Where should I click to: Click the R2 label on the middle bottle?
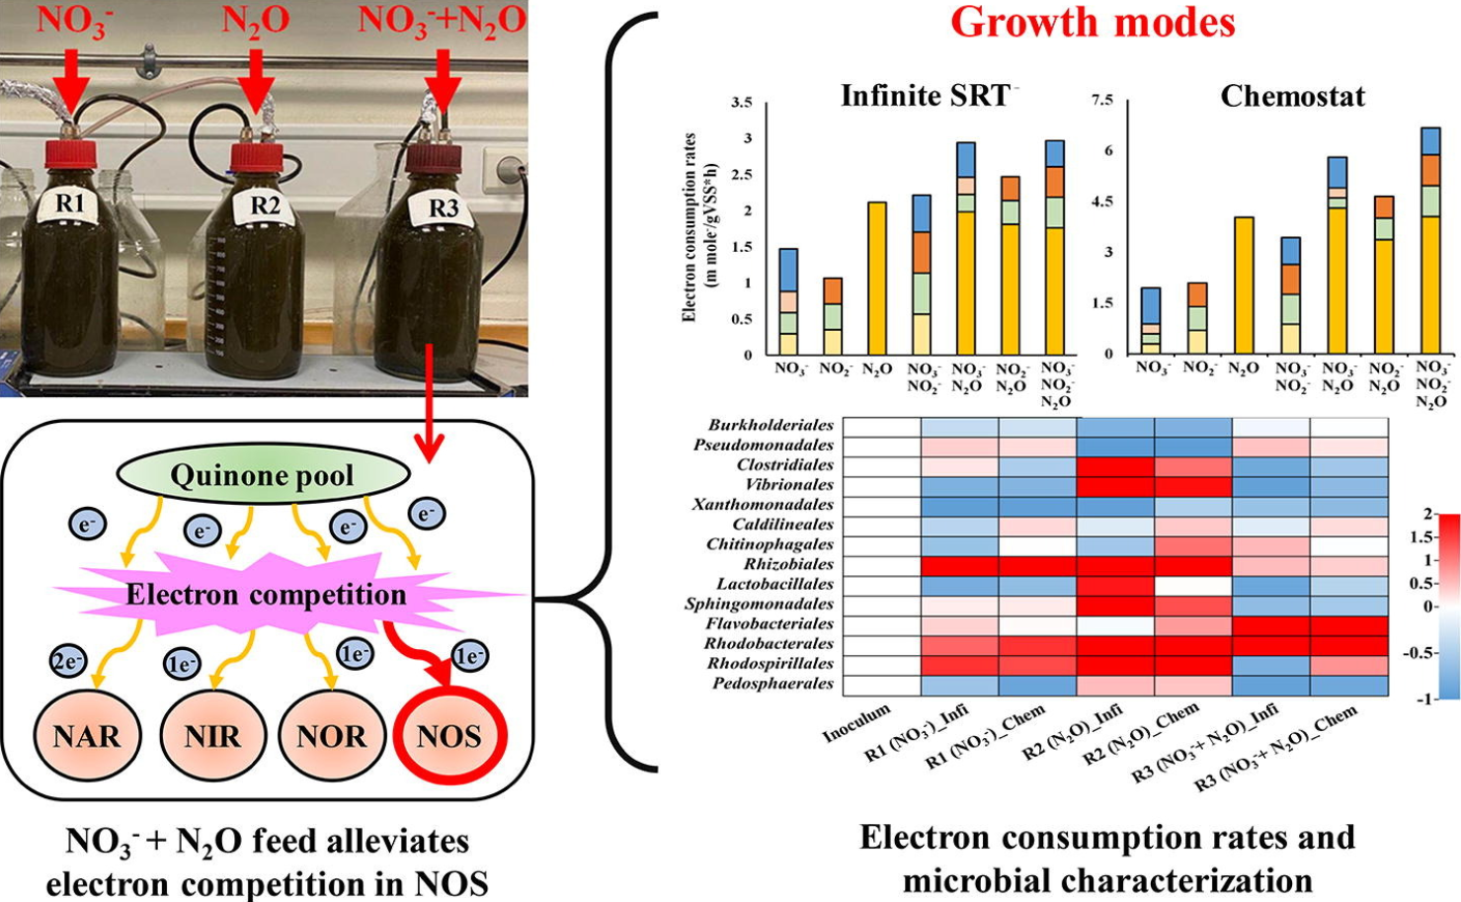[265, 205]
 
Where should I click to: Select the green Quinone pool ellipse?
[263, 475]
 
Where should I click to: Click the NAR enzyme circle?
[87, 736]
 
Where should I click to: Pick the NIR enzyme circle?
[212, 736]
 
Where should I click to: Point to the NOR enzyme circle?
[332, 736]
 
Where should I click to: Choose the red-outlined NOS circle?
[449, 736]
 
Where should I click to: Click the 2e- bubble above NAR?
[67, 661]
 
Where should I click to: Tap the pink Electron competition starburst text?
[266, 595]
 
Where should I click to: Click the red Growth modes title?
[1093, 22]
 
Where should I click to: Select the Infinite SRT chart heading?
[926, 96]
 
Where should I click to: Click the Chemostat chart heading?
[1292, 96]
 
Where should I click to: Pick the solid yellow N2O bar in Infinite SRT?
[876, 278]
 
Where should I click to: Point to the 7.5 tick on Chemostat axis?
[1101, 101]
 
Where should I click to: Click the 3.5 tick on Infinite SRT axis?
[741, 103]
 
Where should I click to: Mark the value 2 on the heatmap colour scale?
[1428, 515]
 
